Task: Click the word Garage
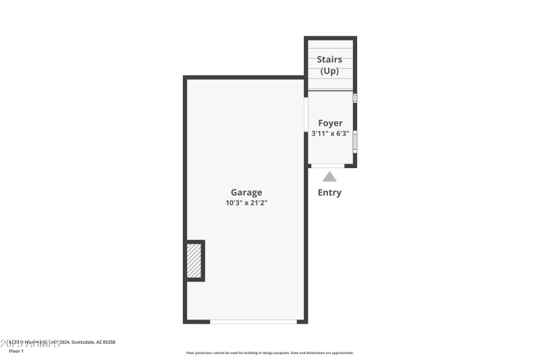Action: (x=246, y=192)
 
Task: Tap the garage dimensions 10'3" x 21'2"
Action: (x=246, y=203)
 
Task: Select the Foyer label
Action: (x=330, y=123)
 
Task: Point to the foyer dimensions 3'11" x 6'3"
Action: (x=330, y=133)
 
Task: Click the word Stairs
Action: (x=329, y=59)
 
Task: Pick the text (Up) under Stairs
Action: (x=329, y=70)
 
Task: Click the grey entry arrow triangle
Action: (x=329, y=177)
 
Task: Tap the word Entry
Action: (x=329, y=192)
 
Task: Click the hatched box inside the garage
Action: (x=194, y=260)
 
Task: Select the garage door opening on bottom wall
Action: (x=253, y=322)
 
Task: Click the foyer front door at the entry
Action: (x=328, y=165)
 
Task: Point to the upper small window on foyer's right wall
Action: (x=355, y=98)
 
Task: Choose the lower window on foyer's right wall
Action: (x=355, y=140)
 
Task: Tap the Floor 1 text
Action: (x=16, y=351)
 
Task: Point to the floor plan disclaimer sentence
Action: (x=270, y=353)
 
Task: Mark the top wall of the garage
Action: (x=244, y=78)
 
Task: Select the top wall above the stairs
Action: (x=330, y=38)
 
